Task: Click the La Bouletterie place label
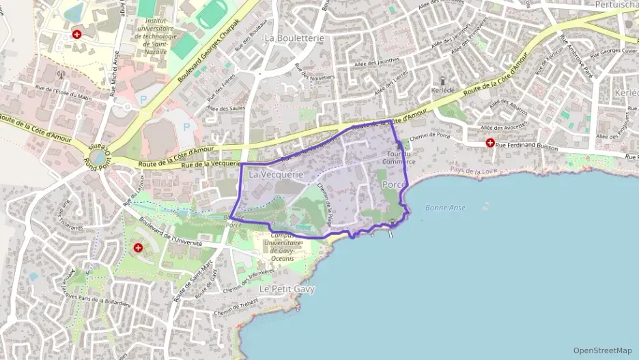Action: coord(294,38)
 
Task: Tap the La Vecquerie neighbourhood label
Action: coord(276,175)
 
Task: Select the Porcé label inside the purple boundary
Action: coord(394,185)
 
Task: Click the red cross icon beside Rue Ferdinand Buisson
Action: coord(489,143)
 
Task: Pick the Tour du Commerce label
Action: coord(399,158)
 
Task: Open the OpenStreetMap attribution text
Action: coord(602,350)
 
